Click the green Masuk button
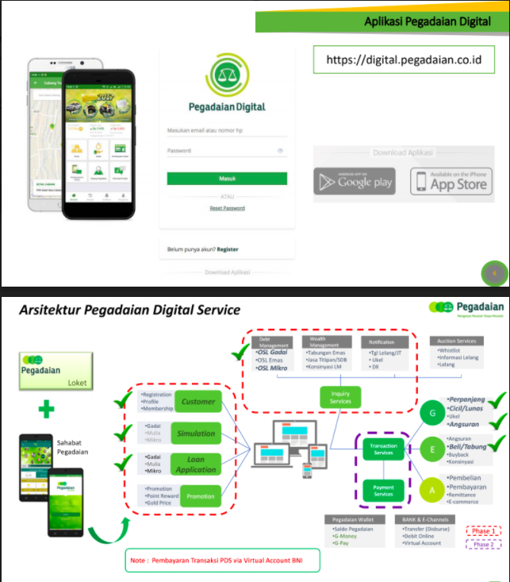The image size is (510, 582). (227, 179)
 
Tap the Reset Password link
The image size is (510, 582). (227, 208)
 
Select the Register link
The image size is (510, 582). (228, 249)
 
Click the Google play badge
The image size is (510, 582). (354, 181)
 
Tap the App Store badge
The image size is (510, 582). (451, 181)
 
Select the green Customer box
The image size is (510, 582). (198, 402)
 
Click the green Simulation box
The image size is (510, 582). (197, 434)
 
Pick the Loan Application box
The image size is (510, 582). (197, 464)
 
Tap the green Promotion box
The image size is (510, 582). (200, 496)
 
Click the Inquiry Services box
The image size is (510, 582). (340, 396)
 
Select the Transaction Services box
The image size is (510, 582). (384, 450)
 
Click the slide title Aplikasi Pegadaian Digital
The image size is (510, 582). (427, 21)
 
